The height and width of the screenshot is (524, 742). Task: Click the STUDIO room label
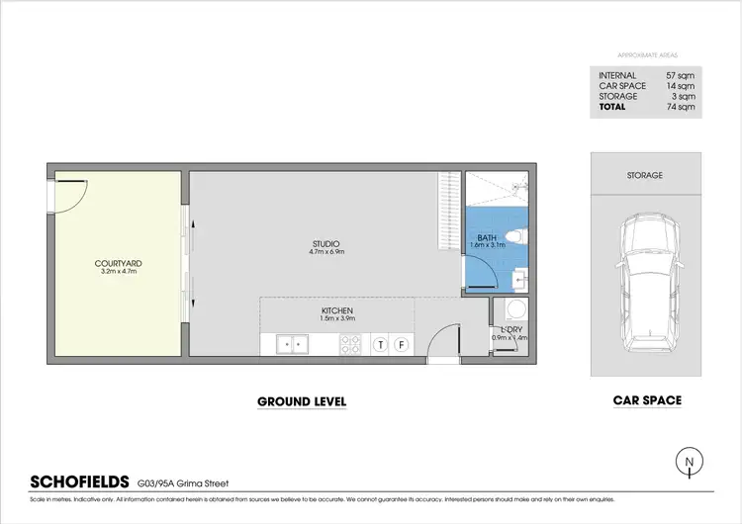tap(325, 243)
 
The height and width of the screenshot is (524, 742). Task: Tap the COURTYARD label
tap(118, 263)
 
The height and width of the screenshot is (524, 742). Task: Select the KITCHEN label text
tap(336, 311)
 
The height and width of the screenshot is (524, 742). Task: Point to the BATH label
tap(486, 237)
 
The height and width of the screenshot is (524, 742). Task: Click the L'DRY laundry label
tap(510, 328)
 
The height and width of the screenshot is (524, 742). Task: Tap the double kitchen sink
tap(292, 344)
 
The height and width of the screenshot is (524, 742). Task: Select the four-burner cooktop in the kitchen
tap(351, 344)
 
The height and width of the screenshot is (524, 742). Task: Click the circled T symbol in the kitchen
tap(380, 344)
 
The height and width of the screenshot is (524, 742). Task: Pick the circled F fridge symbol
tap(402, 344)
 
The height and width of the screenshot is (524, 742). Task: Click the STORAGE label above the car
tap(644, 175)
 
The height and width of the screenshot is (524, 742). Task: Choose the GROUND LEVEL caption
tap(302, 401)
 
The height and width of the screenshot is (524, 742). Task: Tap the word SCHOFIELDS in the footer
tap(80, 482)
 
